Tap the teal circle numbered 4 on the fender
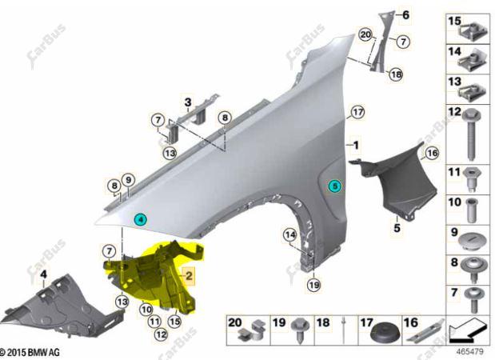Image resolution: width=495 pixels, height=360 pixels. click(140, 219)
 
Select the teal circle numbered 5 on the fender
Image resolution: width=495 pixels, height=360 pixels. click(334, 186)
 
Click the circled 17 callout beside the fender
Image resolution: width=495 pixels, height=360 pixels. click(357, 112)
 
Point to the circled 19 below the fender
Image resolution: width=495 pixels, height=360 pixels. click(314, 286)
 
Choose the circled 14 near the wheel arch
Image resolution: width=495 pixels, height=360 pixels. click(290, 234)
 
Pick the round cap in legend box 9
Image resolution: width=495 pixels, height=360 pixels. click(473, 242)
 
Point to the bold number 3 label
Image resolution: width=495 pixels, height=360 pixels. click(188, 102)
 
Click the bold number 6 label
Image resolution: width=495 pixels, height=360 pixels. click(405, 14)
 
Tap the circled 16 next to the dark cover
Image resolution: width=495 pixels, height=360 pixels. click(432, 153)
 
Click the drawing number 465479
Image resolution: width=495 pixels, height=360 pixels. click(469, 351)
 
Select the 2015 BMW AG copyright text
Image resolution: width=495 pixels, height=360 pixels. click(30, 352)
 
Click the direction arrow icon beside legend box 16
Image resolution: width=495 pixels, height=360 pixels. click(466, 332)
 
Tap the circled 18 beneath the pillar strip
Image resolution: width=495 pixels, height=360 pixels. click(397, 74)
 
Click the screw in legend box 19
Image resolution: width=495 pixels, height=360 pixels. click(299, 330)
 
